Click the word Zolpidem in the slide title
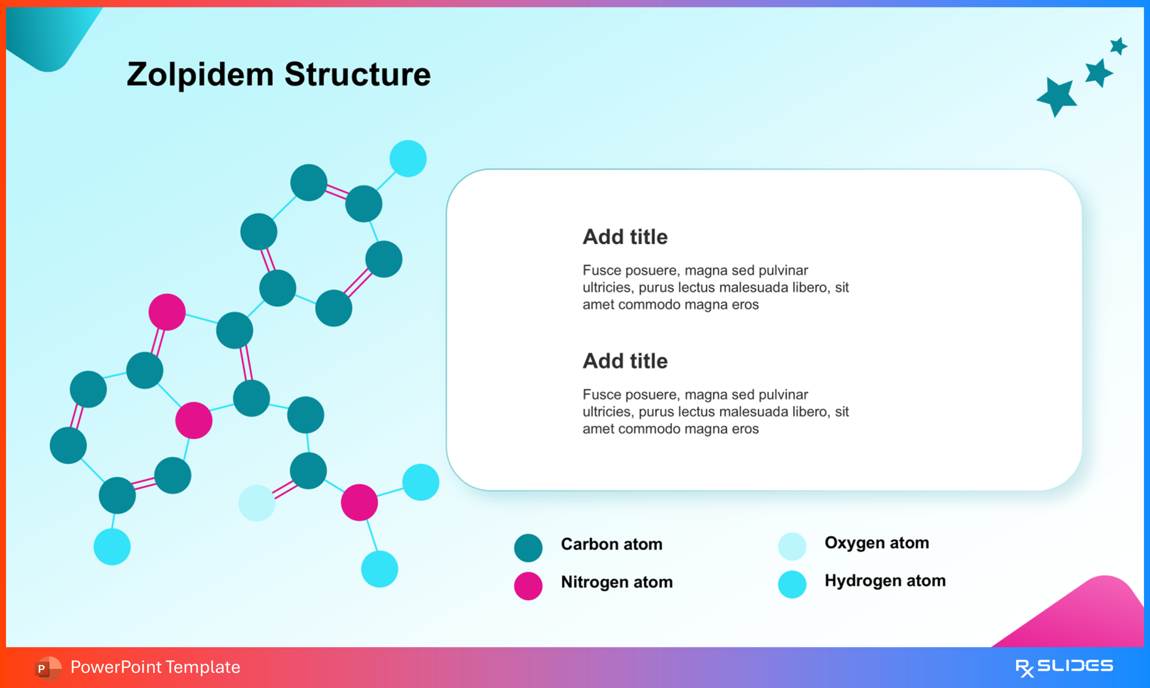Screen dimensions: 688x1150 [x=200, y=75]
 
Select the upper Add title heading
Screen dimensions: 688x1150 [x=625, y=237]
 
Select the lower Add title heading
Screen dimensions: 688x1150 [x=625, y=361]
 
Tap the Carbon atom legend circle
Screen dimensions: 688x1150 [x=528, y=548]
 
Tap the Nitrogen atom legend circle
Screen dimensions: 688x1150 [x=528, y=586]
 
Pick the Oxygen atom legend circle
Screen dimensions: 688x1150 [x=792, y=547]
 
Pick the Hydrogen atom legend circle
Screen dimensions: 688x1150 [x=792, y=585]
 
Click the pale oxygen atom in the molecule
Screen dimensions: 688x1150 [x=256, y=503]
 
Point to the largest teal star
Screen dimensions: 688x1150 [x=1057, y=96]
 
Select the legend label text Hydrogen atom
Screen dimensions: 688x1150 [x=885, y=581]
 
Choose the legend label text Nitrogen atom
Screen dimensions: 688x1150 [x=616, y=582]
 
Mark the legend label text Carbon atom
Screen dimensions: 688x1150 [x=612, y=544]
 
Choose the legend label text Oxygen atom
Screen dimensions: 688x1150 [x=876, y=543]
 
